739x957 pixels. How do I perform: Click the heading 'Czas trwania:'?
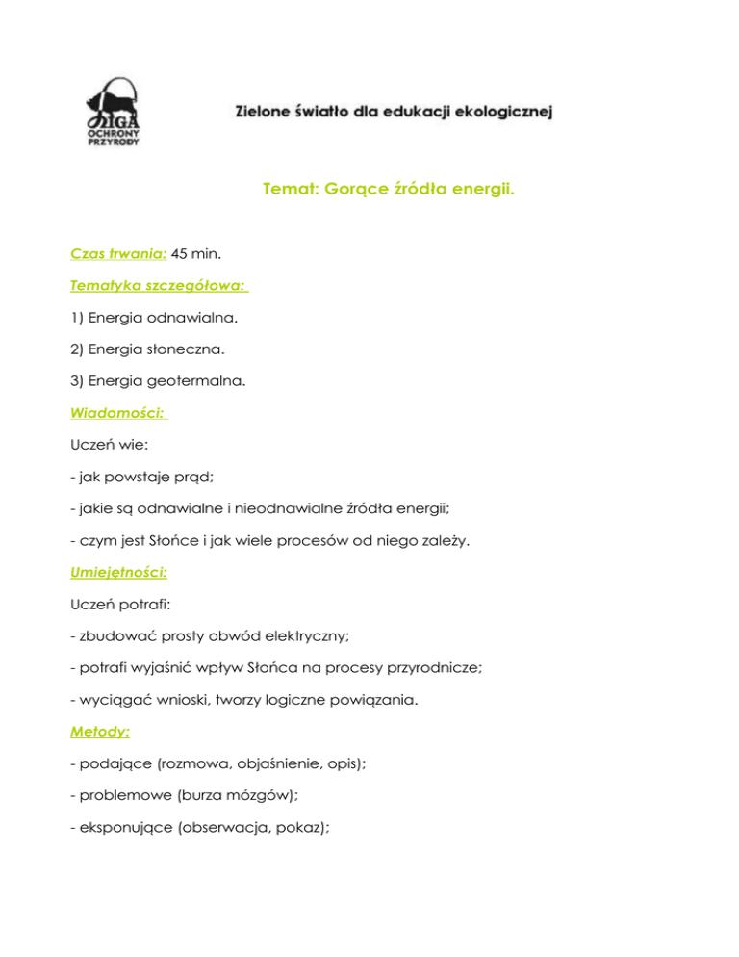tap(119, 255)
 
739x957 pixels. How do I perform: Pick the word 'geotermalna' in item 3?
tap(203, 381)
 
